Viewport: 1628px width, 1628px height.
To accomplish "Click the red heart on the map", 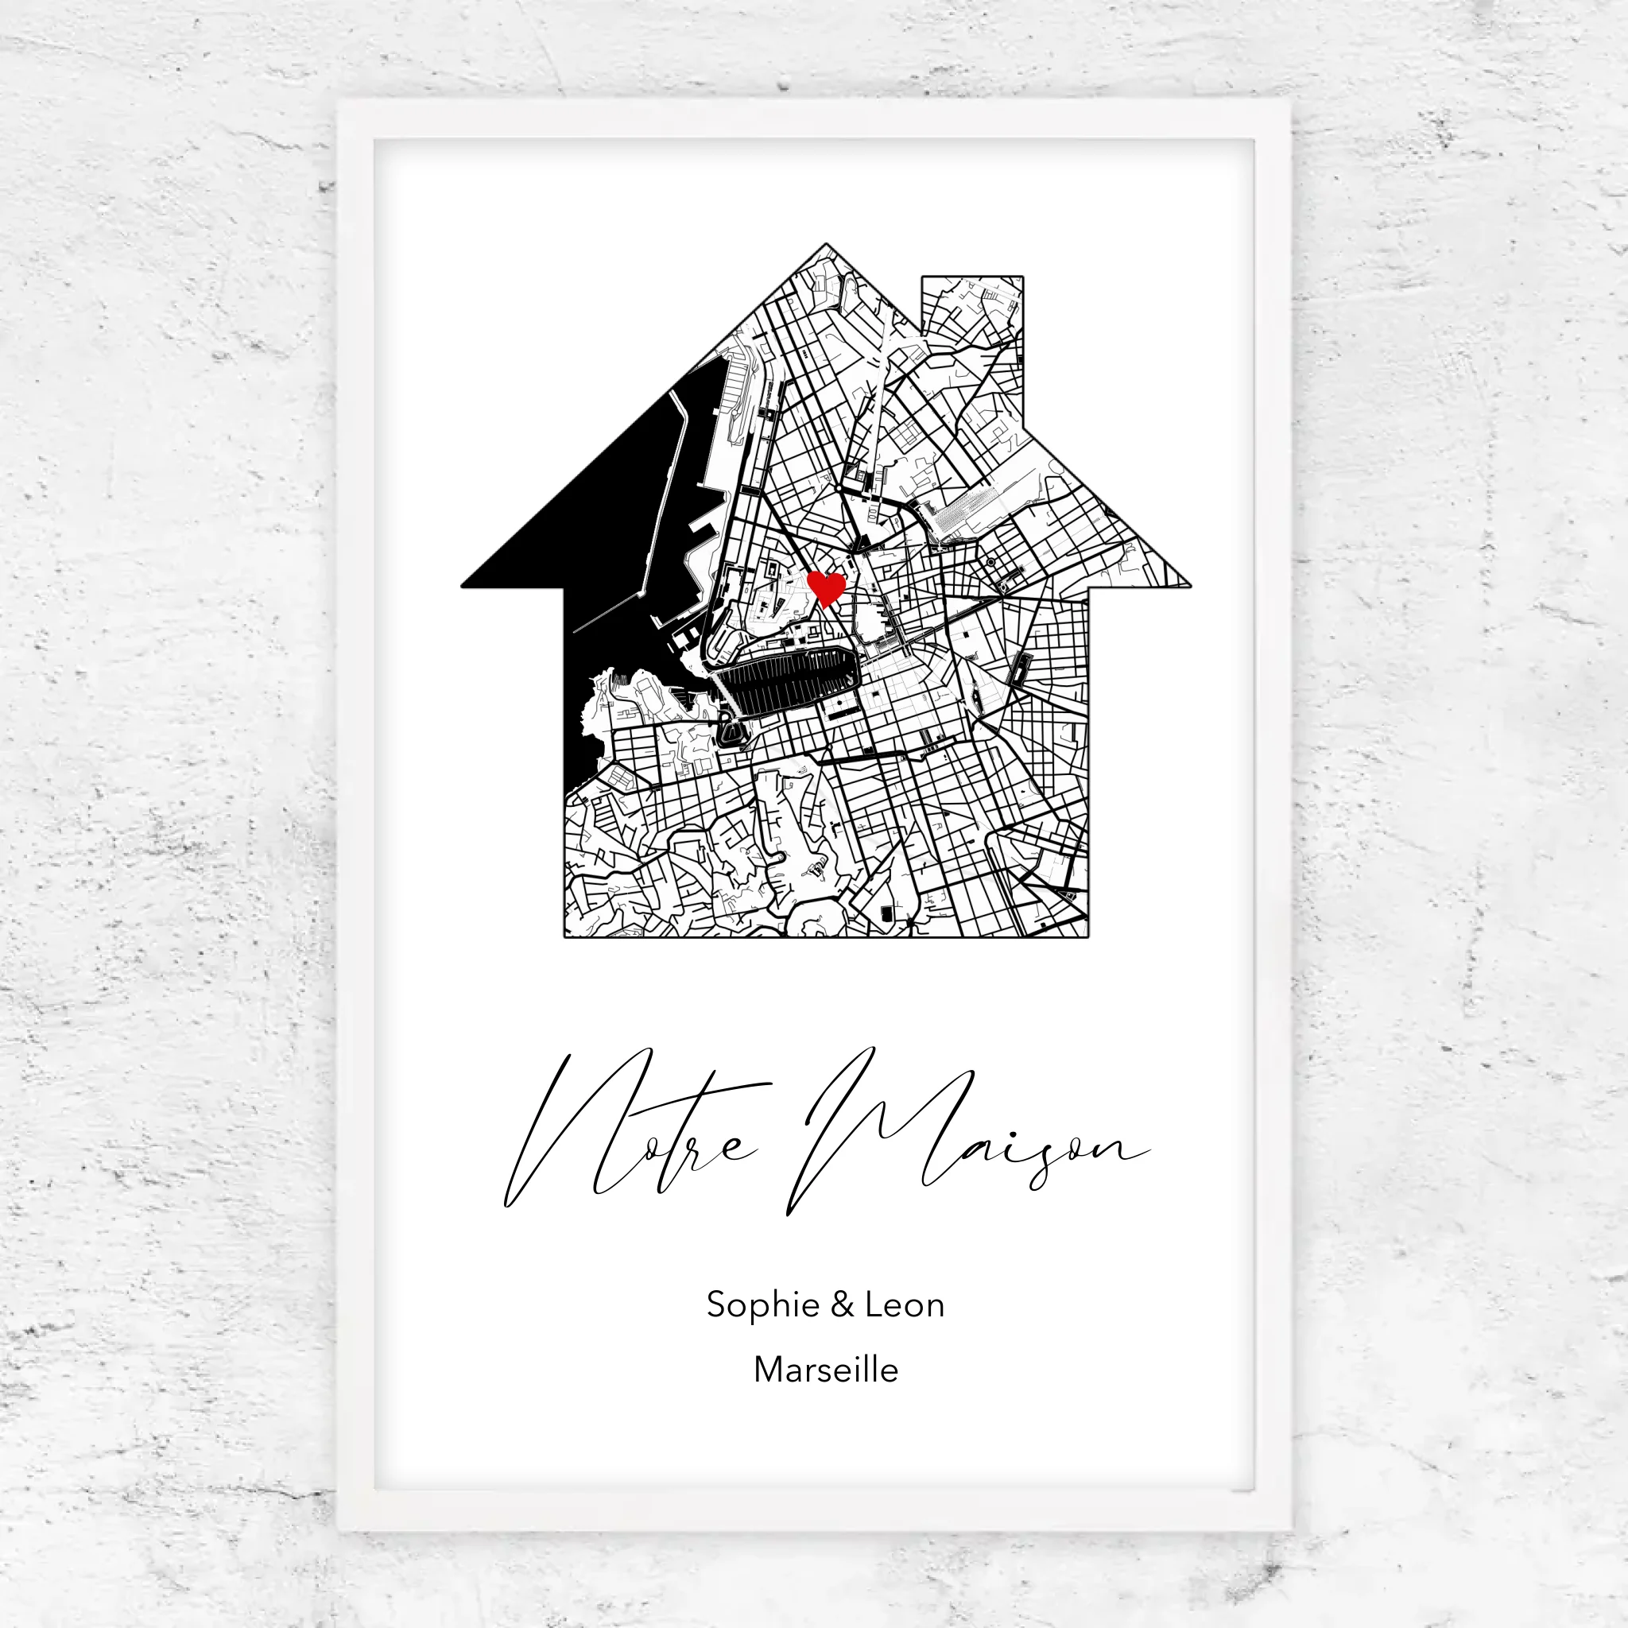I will (x=826, y=587).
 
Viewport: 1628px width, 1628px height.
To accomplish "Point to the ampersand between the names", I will (x=842, y=1305).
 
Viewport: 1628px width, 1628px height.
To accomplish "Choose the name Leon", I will (x=904, y=1305).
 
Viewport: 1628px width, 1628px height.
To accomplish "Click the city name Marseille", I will (x=826, y=1370).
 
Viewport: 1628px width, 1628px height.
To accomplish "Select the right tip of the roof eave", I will (x=1188, y=585).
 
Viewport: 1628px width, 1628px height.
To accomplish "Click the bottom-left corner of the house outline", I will (x=564, y=936).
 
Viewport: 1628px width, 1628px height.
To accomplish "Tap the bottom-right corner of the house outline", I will (x=1088, y=936).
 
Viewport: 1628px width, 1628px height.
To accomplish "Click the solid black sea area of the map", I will (x=590, y=539).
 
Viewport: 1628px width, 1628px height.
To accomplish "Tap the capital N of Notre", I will (x=573, y=1129).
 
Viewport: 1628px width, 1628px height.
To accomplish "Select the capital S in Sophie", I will (x=716, y=1305).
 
